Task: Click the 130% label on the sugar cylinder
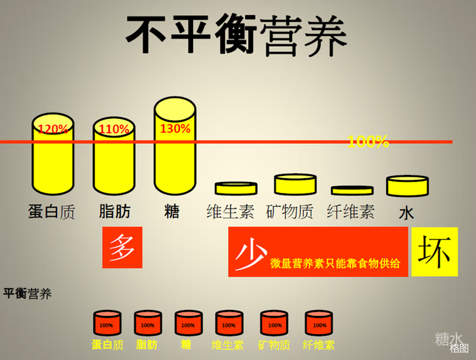coord(175,129)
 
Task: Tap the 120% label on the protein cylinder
coord(53,129)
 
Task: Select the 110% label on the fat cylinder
coord(114,129)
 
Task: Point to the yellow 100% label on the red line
coord(368,142)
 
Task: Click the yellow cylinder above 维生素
coord(236,188)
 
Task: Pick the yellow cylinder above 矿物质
coord(295,184)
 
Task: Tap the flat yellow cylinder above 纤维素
coord(352,190)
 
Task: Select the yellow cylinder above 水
coord(408,186)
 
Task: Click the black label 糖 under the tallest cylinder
coord(172,211)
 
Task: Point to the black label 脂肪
coord(114,211)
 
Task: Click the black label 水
coord(406,213)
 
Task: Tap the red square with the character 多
coord(123,248)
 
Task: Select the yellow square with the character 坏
coord(434,252)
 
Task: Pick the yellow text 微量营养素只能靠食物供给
coord(335,264)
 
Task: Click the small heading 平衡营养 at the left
coord(27,293)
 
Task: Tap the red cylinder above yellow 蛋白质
coord(107,323)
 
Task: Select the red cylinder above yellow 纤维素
coord(319,323)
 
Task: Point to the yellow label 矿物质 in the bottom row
coord(274,345)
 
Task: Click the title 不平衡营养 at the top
coord(236,35)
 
